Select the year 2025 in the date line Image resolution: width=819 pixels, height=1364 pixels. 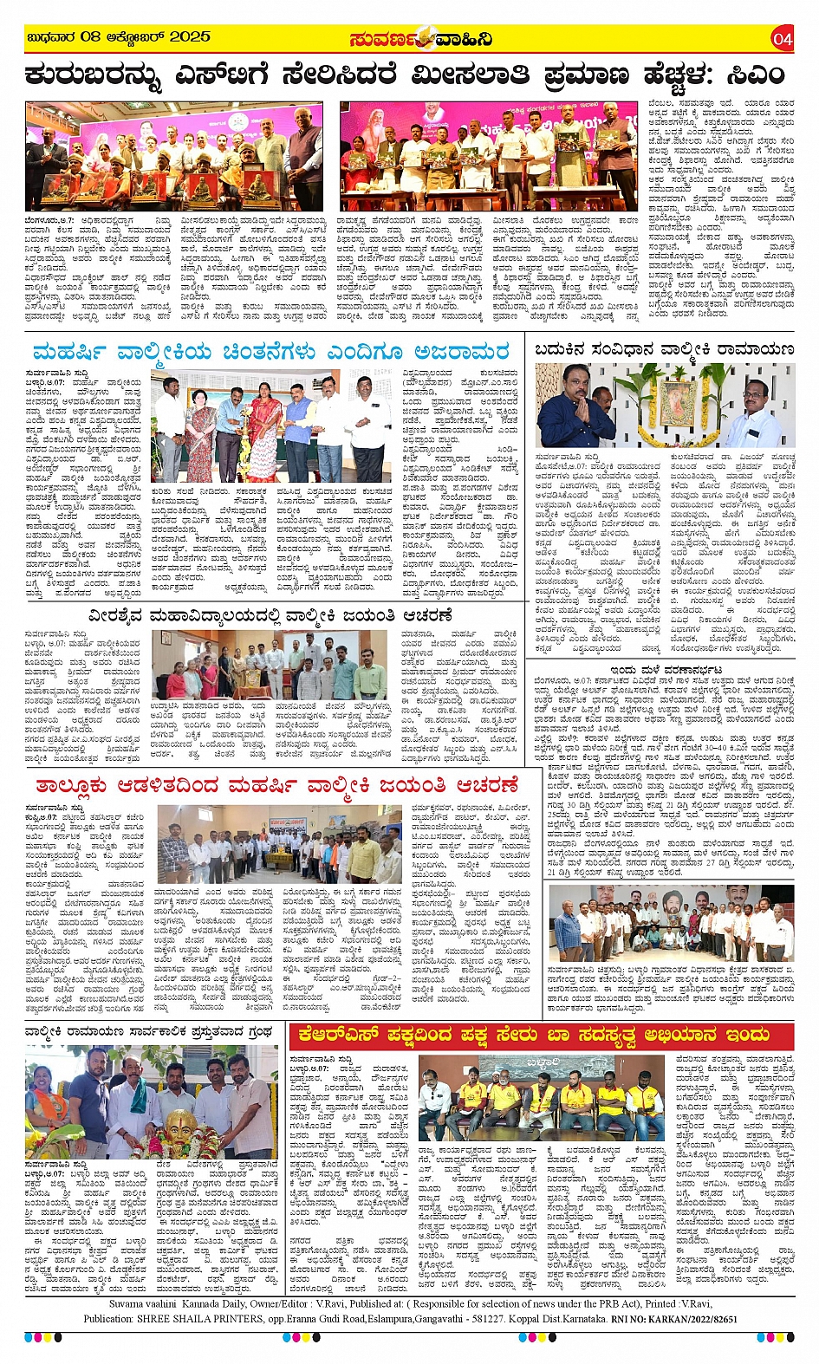(190, 37)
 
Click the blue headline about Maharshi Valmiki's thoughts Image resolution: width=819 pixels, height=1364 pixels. (270, 353)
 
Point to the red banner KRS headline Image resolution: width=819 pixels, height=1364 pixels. (534, 1035)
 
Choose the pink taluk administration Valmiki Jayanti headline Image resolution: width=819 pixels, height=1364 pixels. (276, 786)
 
